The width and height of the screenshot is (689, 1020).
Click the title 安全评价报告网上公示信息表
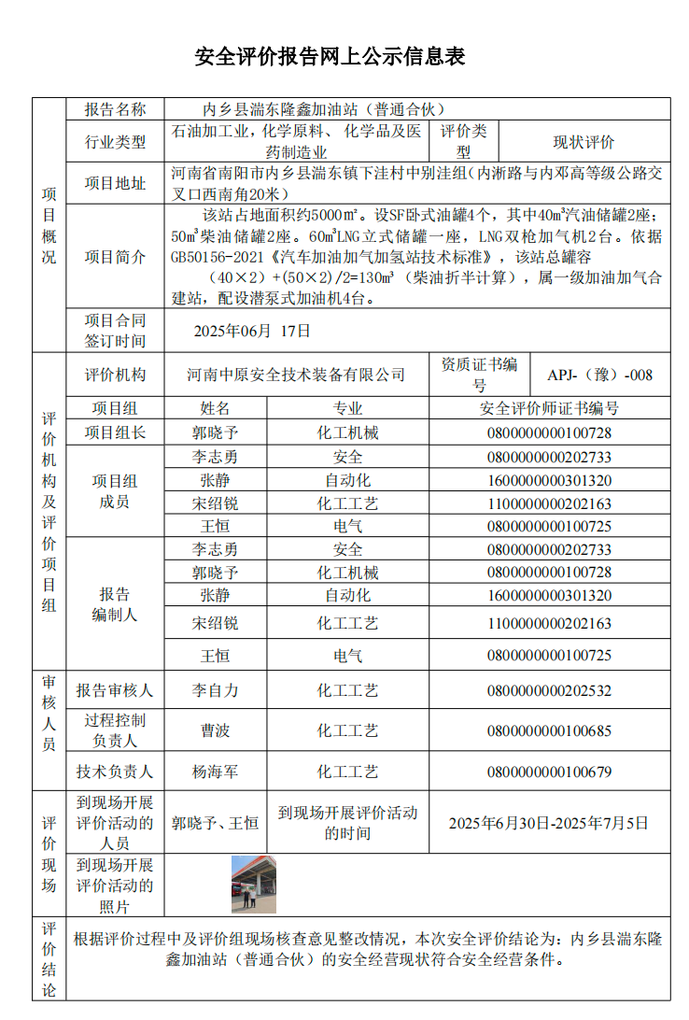pyautogui.click(x=330, y=57)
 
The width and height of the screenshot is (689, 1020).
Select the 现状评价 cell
pyautogui.click(x=584, y=142)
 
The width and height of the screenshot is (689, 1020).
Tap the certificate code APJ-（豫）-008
pyautogui.click(x=600, y=375)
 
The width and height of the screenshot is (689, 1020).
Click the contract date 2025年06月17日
pyautogui.click(x=252, y=331)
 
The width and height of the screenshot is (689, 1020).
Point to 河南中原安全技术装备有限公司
pyautogui.click(x=296, y=375)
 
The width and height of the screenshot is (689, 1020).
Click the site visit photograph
pyautogui.click(x=253, y=883)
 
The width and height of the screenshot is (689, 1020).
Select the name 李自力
pyautogui.click(x=215, y=691)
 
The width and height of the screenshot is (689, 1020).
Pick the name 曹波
pyautogui.click(x=215, y=730)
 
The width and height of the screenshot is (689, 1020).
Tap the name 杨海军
pyautogui.click(x=215, y=772)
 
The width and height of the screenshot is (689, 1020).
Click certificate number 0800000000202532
pyautogui.click(x=549, y=691)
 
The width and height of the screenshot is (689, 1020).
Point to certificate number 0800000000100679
pyautogui.click(x=549, y=772)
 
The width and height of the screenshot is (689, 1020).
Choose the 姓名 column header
pyautogui.click(x=215, y=408)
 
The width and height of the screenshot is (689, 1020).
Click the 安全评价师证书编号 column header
pyautogui.click(x=549, y=408)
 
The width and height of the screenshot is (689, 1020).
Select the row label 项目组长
pyautogui.click(x=115, y=432)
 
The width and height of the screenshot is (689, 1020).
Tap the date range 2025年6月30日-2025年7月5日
pyautogui.click(x=549, y=823)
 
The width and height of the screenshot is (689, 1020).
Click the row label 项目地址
pyautogui.click(x=115, y=183)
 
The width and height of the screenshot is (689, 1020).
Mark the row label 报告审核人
pyautogui.click(x=115, y=691)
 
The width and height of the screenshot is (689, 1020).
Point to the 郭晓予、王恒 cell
pyautogui.click(x=215, y=823)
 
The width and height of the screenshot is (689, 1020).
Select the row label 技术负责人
pyautogui.click(x=115, y=772)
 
